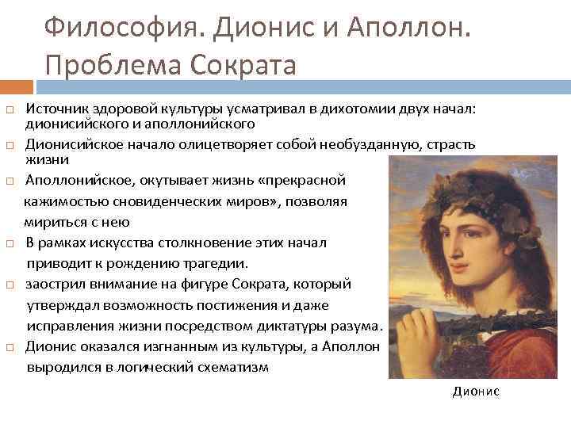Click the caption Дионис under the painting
476,392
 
